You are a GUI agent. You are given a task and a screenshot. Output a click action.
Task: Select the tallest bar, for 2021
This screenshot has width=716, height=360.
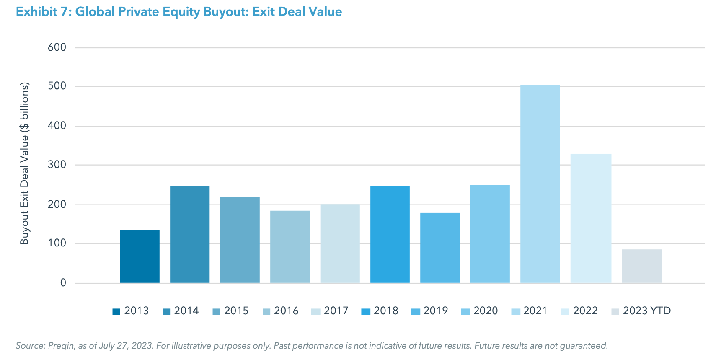tap(540, 184)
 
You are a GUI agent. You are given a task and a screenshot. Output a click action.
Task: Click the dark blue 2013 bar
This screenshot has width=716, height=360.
tap(140, 256)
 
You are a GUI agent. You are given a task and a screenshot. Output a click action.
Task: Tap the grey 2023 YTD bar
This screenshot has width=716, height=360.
tap(641, 266)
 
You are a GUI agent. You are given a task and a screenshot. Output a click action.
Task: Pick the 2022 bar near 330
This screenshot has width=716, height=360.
tap(591, 218)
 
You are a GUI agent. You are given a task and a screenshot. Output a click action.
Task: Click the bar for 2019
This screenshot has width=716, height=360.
tap(440, 248)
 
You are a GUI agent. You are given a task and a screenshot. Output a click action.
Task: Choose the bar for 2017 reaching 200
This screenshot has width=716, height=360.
tap(340, 243)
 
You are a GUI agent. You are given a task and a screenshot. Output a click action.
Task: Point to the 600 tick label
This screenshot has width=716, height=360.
tap(57, 47)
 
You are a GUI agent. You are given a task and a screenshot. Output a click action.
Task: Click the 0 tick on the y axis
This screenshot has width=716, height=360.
tap(63, 283)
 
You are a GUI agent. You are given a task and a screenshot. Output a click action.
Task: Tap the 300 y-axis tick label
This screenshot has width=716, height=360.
tap(57, 165)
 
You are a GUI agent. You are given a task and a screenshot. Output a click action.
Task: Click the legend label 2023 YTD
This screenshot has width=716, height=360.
tap(646, 311)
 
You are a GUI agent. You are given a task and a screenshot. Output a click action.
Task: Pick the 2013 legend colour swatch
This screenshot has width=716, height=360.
tap(116, 311)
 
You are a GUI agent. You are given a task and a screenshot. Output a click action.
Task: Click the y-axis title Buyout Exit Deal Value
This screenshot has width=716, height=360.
tap(25, 163)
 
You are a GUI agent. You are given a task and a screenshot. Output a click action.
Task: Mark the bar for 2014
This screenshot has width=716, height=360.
tap(190, 234)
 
